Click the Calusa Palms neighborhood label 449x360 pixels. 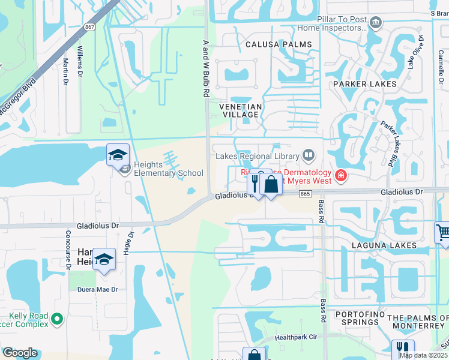(x=279, y=44)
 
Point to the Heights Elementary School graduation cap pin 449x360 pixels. (x=118, y=155)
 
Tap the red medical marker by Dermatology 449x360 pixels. (x=341, y=175)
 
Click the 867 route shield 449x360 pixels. (x=90, y=27)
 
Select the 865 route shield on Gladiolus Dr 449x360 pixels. (x=306, y=193)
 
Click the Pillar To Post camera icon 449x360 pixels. (x=376, y=23)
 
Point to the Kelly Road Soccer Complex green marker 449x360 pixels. (x=57, y=319)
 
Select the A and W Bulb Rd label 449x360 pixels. (x=206, y=70)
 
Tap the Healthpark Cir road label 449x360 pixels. (x=295, y=338)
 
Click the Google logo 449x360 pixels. (x=20, y=353)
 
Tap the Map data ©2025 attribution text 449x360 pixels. (x=423, y=355)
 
